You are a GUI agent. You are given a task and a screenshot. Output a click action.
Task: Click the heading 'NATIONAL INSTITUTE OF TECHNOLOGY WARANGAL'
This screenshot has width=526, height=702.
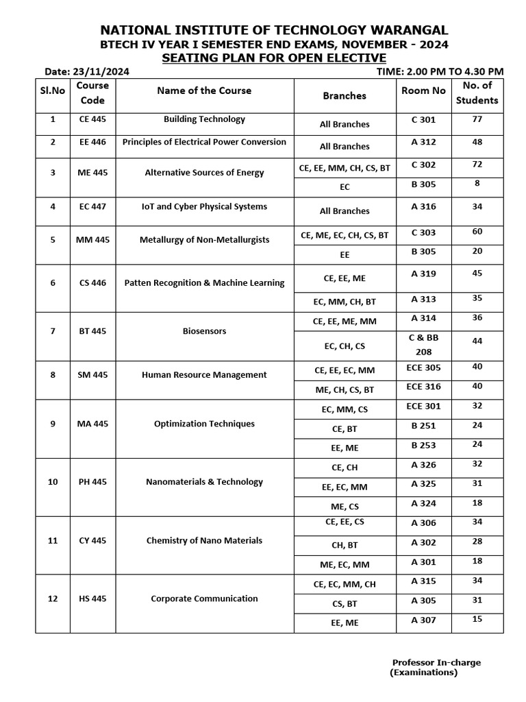(274, 29)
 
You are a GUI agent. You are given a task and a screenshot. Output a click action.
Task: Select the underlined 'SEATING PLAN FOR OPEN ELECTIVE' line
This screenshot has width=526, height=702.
(274, 58)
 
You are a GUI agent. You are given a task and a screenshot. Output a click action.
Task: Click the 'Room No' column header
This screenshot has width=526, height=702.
(423, 90)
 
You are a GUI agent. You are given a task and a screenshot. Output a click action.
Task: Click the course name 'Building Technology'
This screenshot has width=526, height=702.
(204, 119)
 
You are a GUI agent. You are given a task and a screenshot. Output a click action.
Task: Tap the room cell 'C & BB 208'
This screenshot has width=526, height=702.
(423, 343)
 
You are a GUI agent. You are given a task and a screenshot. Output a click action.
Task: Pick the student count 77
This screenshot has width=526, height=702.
(477, 119)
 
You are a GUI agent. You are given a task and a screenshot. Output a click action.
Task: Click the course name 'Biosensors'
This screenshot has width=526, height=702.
(204, 331)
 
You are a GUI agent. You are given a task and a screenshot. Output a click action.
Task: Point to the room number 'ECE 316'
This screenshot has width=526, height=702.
(423, 387)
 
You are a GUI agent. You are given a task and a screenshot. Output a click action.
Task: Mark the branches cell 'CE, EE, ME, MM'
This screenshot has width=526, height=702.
(344, 321)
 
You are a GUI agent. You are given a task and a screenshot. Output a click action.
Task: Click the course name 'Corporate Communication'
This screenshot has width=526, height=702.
(204, 598)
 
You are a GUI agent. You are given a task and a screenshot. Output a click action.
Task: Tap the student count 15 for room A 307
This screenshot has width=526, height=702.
(477, 619)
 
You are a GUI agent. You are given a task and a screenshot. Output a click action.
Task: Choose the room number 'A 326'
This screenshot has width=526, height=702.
(423, 465)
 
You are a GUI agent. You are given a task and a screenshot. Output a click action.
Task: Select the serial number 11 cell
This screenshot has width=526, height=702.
(53, 540)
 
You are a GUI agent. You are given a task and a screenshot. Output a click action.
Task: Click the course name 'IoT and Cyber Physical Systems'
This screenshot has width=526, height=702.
(204, 206)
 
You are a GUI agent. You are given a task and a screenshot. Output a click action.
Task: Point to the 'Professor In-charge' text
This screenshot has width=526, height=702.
(436, 662)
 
